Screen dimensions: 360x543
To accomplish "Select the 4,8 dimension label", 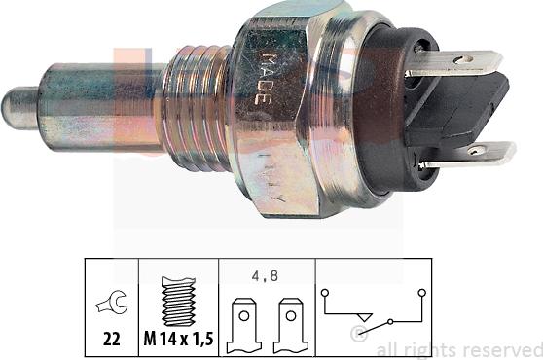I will [264, 276].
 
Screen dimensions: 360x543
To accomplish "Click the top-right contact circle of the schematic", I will [420, 290].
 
